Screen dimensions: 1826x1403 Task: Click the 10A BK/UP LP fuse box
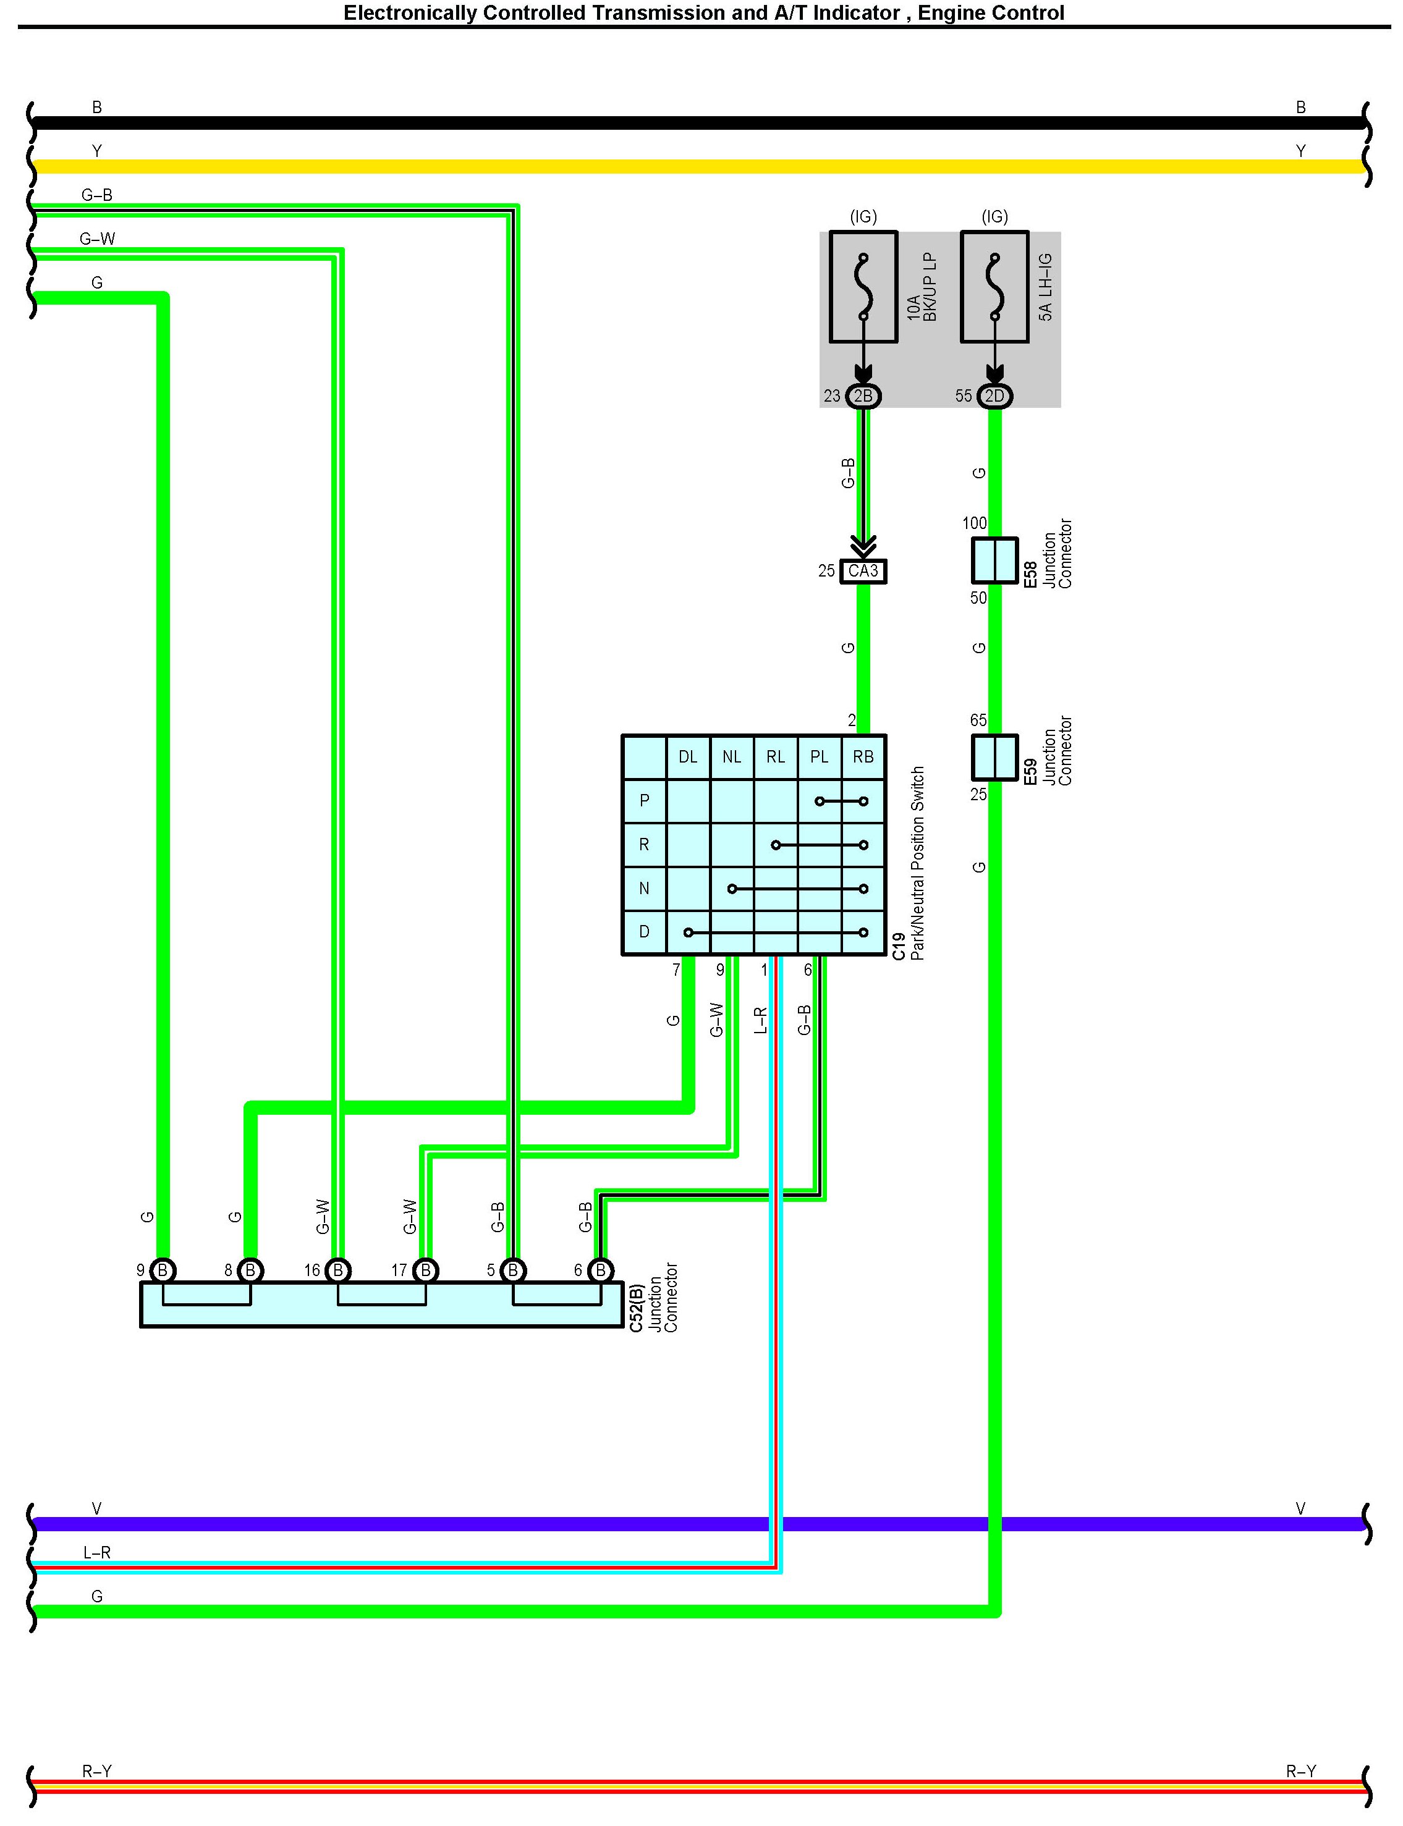point(863,286)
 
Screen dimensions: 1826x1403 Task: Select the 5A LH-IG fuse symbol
point(994,286)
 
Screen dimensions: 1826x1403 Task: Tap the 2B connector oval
point(863,395)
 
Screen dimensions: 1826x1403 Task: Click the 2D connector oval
point(994,395)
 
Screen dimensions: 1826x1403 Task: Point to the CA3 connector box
point(863,571)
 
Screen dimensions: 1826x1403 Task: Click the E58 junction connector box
point(994,559)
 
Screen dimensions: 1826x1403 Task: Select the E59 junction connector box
point(994,756)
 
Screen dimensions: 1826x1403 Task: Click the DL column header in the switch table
point(687,756)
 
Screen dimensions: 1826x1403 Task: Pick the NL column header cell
point(732,756)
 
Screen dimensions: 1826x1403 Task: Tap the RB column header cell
point(863,756)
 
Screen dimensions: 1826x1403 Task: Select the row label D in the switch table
point(644,932)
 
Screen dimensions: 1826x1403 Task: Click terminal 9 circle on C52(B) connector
point(163,1270)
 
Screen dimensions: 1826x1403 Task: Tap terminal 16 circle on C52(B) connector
point(337,1270)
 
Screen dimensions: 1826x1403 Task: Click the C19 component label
point(899,946)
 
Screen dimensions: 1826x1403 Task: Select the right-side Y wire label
point(1300,151)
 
